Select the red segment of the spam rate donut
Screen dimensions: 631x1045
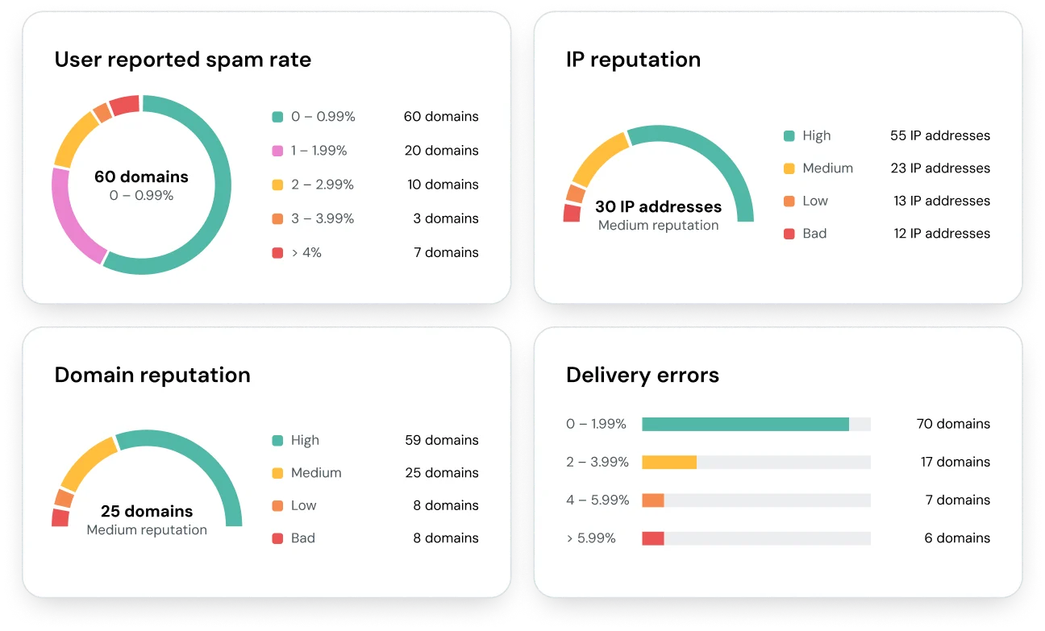click(x=125, y=106)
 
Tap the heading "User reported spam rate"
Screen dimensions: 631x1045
click(x=182, y=60)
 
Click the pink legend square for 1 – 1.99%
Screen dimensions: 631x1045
click(x=277, y=151)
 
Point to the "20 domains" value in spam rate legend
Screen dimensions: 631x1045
click(x=441, y=151)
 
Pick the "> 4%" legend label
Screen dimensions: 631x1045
click(x=306, y=253)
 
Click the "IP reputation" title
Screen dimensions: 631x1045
click(x=633, y=60)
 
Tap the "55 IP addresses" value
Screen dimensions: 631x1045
click(x=939, y=136)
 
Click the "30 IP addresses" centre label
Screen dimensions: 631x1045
click(x=658, y=207)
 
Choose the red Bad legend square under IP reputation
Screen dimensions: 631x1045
click(x=789, y=234)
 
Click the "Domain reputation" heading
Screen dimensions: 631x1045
click(x=152, y=375)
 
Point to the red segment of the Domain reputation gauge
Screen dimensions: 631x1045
click(x=60, y=517)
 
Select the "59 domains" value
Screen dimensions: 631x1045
click(x=441, y=441)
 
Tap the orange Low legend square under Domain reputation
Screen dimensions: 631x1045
click(x=277, y=506)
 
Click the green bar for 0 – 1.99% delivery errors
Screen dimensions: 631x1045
click(x=745, y=425)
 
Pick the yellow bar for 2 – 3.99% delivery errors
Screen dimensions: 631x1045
click(x=668, y=463)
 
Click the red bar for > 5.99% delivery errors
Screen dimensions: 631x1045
click(x=652, y=538)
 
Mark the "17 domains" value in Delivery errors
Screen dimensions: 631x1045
click(x=955, y=463)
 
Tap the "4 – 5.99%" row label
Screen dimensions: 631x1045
click(x=597, y=500)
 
